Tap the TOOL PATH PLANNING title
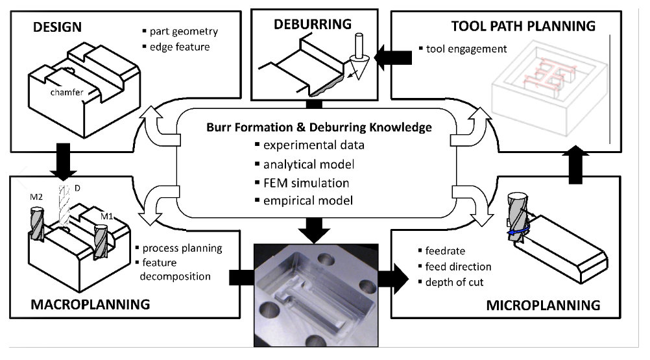pyautogui.click(x=523, y=26)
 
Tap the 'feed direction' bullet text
pyautogui.click(x=458, y=267)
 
